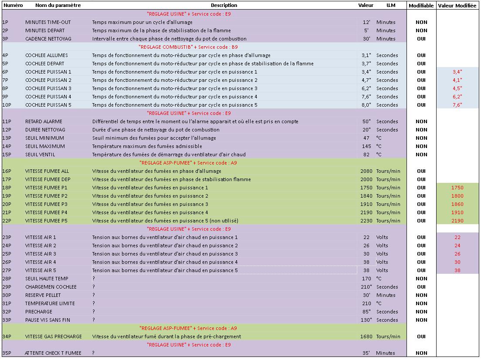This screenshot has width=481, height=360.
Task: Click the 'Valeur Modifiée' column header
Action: [457, 6]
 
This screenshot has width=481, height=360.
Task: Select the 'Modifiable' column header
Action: [421, 6]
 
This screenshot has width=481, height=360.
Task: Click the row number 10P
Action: [7, 105]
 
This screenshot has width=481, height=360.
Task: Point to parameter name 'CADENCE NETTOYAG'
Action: [48, 39]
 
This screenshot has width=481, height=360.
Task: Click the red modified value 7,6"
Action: [457, 105]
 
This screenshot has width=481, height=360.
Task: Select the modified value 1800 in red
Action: [457, 196]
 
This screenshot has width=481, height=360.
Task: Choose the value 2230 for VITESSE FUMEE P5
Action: [366, 221]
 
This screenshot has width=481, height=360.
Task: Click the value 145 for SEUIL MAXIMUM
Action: [366, 146]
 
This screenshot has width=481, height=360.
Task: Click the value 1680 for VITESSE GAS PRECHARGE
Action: [366, 336]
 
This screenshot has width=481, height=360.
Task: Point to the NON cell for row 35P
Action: [421, 353]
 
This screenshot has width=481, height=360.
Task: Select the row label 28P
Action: [7, 279]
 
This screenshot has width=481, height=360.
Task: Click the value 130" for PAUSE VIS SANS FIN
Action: [366, 320]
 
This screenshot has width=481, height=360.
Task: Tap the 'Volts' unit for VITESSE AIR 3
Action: [382, 254]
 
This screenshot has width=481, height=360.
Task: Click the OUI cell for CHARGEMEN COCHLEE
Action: [421, 287]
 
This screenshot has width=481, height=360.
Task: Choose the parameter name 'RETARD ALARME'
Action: [44, 121]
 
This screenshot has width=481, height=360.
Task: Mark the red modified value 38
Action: [457, 270]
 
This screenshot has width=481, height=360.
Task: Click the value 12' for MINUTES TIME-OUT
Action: [366, 22]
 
